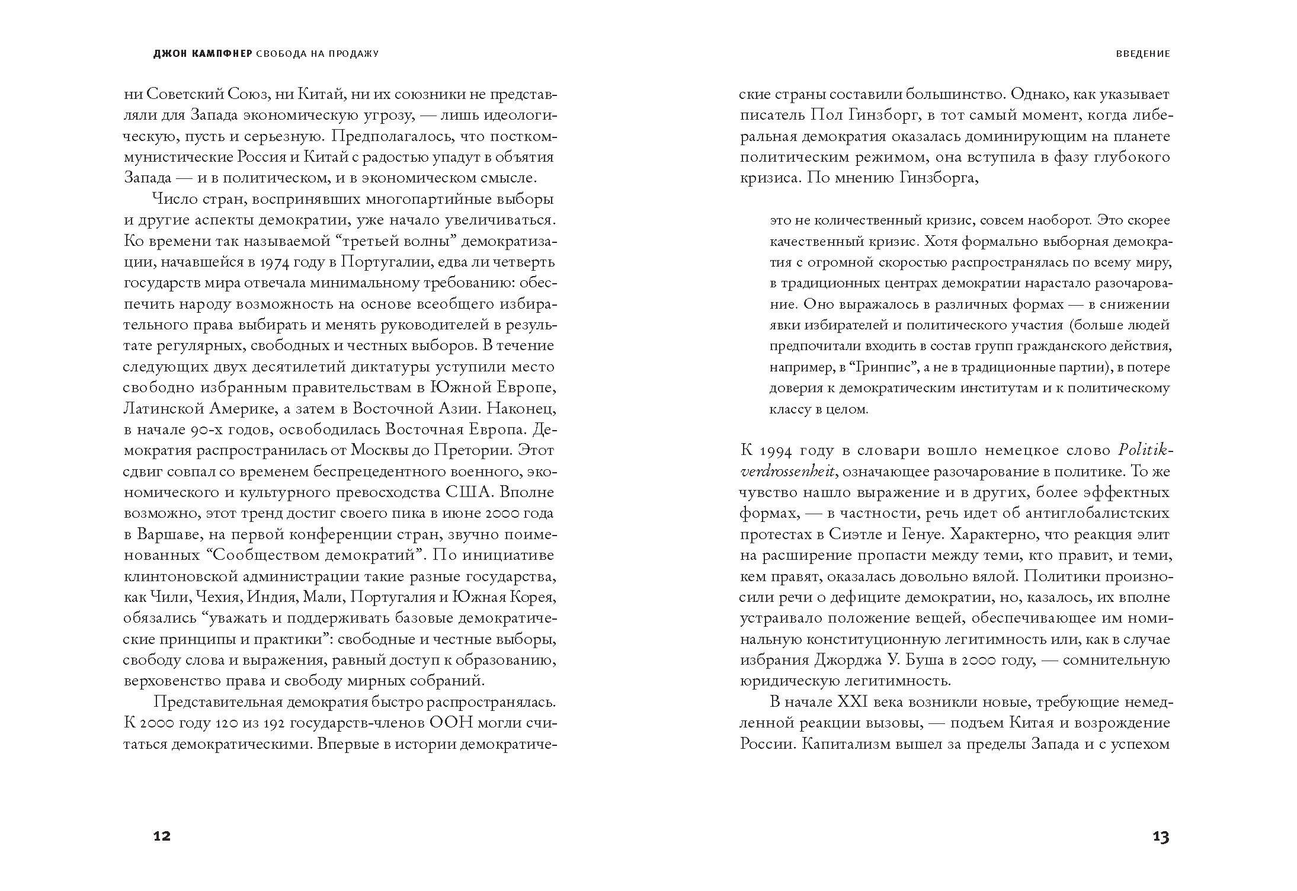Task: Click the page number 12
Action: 162,836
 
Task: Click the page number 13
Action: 1161,836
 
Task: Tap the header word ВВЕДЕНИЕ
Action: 1142,54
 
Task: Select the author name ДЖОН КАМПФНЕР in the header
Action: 203,54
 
